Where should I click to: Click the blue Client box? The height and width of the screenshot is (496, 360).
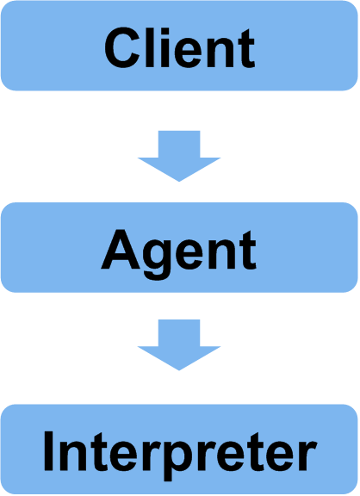(179, 46)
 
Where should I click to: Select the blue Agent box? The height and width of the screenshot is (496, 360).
(179, 247)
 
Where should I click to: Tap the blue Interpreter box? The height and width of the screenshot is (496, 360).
(179, 449)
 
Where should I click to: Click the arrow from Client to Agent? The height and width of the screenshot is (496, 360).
(179, 156)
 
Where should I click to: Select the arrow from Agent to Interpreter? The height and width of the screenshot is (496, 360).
(179, 344)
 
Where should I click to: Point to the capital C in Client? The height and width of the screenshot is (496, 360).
(122, 48)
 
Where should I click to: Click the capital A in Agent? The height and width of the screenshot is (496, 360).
(121, 250)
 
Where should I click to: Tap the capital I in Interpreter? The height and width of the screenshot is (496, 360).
(48, 451)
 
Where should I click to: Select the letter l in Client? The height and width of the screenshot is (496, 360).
(150, 48)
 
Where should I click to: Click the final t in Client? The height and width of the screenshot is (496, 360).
(247, 49)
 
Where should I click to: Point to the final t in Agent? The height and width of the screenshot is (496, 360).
(247, 251)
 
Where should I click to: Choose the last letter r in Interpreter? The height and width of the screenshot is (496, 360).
(306, 456)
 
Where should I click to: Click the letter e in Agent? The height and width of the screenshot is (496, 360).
(189, 255)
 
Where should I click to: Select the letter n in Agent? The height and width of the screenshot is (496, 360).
(220, 255)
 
